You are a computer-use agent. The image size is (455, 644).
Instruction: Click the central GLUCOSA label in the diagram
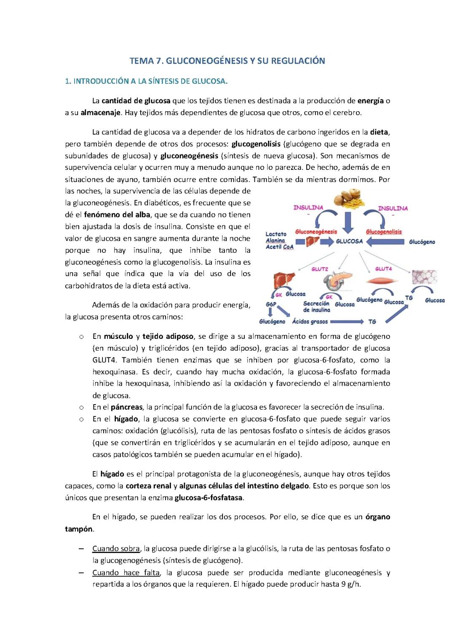pyautogui.click(x=349, y=241)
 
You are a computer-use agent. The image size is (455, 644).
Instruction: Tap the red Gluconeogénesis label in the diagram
pyautogui.click(x=316, y=231)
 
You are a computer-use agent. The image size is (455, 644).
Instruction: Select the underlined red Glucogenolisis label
pyautogui.click(x=384, y=232)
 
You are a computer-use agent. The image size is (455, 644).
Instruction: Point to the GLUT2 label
pyautogui.click(x=320, y=269)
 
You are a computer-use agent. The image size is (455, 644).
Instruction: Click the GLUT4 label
pyautogui.click(x=383, y=268)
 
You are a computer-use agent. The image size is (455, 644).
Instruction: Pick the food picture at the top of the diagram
pyautogui.click(x=348, y=200)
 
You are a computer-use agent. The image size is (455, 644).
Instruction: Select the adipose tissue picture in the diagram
pyautogui.click(x=424, y=277)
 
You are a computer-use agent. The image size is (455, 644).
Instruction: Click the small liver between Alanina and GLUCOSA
pyautogui.click(x=311, y=242)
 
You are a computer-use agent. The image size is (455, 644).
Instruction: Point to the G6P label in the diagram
pyautogui.click(x=270, y=304)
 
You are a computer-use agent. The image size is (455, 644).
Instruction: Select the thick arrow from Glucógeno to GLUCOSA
pyautogui.click(x=386, y=242)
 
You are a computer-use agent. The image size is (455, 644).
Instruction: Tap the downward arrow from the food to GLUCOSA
pyautogui.click(x=348, y=223)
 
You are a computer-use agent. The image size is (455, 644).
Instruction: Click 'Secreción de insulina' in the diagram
pyautogui.click(x=316, y=307)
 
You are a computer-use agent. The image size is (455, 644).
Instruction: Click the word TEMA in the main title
pyautogui.click(x=142, y=61)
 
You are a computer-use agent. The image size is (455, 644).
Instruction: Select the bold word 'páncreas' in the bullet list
pyautogui.click(x=126, y=407)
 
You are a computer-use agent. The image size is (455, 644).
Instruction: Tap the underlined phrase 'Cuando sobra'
pyautogui.click(x=116, y=549)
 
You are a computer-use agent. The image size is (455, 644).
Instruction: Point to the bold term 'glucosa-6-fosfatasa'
pyautogui.click(x=209, y=498)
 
